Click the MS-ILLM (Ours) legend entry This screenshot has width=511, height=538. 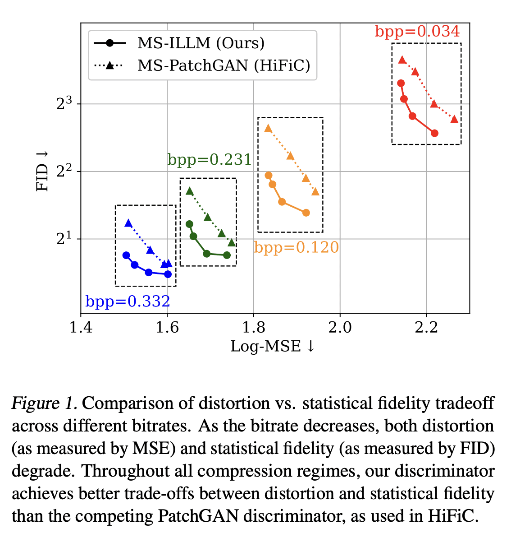coord(201,43)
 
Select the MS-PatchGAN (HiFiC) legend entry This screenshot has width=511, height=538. coord(224,65)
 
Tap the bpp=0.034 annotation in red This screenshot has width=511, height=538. coord(417,32)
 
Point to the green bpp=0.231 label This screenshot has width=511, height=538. coord(210,160)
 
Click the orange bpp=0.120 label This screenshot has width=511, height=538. coord(296,247)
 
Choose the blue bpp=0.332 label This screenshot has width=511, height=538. coord(128,301)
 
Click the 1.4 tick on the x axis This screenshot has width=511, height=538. coord(81,327)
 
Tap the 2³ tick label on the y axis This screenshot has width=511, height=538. coord(64,103)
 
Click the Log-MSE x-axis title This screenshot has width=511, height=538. coord(272,346)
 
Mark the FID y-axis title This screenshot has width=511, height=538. coord(42,171)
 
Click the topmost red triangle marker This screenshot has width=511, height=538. coord(402,60)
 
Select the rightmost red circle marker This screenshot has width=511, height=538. coord(434,133)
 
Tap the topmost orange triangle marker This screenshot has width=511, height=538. coord(268,128)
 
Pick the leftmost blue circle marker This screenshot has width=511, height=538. coord(126,255)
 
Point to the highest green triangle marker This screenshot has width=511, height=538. coord(190,191)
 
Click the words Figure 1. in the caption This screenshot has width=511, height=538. coord(44,403)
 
